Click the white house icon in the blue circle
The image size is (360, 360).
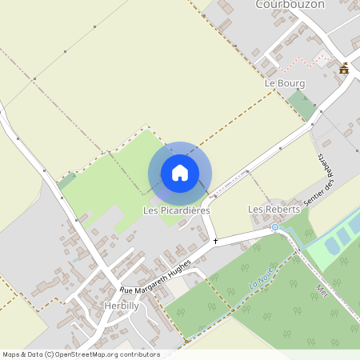[x=180, y=173]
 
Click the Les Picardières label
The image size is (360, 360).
[x=176, y=210]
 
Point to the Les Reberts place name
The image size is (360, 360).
[x=274, y=209]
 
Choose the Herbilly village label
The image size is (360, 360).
[x=121, y=306]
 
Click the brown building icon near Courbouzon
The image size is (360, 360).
[x=344, y=69]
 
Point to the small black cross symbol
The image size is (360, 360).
[x=215, y=240]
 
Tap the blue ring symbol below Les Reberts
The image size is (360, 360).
[x=275, y=227]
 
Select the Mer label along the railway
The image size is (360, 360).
[x=322, y=288]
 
